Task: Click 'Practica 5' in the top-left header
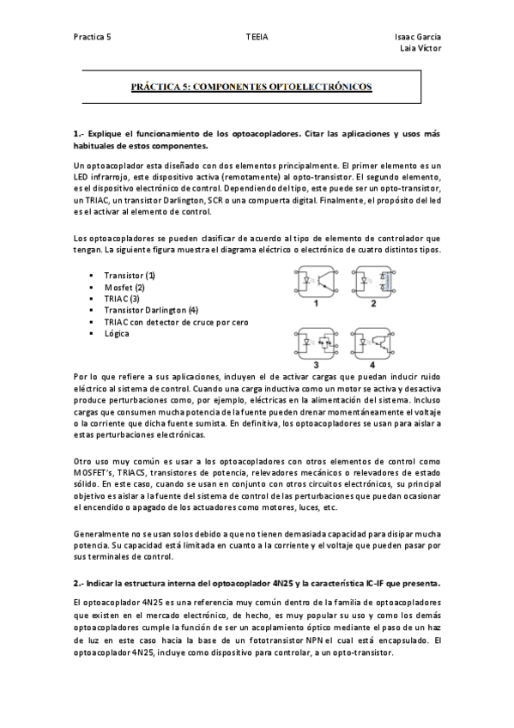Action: pyautogui.click(x=92, y=38)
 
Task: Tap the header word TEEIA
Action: pyautogui.click(x=256, y=38)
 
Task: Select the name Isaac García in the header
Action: pyautogui.click(x=418, y=38)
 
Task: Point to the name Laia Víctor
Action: pyautogui.click(x=421, y=49)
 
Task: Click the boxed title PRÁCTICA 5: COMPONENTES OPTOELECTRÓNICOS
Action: pyautogui.click(x=251, y=88)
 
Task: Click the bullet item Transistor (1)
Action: pyautogui.click(x=130, y=275)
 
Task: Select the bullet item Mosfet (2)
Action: pyautogui.click(x=124, y=287)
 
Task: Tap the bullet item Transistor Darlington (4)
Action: pyautogui.click(x=151, y=310)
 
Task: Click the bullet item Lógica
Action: pyautogui.click(x=117, y=333)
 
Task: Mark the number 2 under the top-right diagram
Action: pyautogui.click(x=374, y=303)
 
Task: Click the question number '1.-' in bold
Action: pyautogui.click(x=80, y=135)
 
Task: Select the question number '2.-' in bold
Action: pyautogui.click(x=80, y=582)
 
